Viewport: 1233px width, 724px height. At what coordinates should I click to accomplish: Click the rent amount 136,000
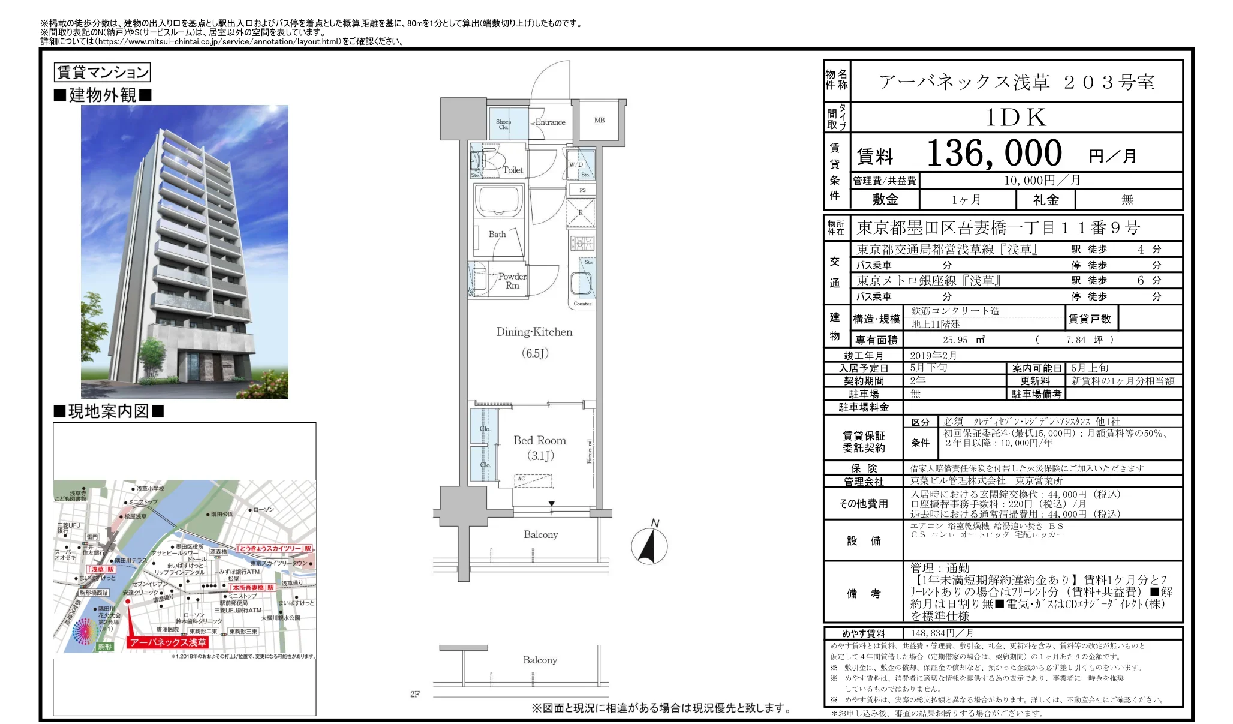click(x=994, y=154)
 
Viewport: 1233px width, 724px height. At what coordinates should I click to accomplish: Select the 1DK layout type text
click(x=1016, y=118)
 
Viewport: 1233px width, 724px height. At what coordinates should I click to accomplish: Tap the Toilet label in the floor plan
click(x=513, y=170)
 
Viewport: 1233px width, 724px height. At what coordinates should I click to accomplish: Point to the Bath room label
click(x=497, y=235)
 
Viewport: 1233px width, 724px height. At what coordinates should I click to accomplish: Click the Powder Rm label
click(x=512, y=281)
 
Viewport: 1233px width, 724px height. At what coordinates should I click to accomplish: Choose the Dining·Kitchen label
click(x=534, y=332)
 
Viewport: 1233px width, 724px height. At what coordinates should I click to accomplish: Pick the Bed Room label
click(x=539, y=441)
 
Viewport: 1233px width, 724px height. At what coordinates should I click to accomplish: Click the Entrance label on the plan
click(x=550, y=122)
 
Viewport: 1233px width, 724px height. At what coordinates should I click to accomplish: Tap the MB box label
click(x=599, y=121)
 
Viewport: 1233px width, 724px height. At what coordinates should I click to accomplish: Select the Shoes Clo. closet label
click(x=503, y=124)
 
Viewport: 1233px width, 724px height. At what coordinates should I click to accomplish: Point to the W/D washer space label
click(x=576, y=165)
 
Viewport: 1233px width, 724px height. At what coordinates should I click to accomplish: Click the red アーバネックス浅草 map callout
click(x=168, y=642)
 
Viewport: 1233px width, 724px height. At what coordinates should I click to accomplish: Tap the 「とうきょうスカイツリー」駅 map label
click(x=274, y=548)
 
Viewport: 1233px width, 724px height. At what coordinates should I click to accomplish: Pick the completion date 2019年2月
click(x=933, y=356)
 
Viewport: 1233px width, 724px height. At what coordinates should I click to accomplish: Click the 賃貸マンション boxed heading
click(x=102, y=73)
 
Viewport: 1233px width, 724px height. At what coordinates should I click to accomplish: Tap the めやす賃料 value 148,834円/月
click(x=942, y=633)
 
